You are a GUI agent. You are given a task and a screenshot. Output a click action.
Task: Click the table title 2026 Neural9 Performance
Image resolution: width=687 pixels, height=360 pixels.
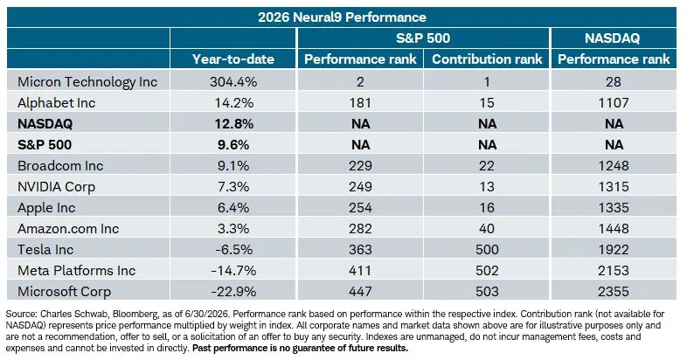342,17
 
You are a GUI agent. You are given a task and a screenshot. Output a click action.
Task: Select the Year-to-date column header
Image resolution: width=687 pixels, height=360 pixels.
233,59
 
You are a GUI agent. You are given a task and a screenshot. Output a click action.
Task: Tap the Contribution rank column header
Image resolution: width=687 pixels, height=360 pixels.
487,59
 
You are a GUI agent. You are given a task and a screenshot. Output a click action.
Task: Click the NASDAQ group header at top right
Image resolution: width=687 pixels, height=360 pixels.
613,38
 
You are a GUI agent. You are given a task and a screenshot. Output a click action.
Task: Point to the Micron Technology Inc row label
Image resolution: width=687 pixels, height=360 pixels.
87,82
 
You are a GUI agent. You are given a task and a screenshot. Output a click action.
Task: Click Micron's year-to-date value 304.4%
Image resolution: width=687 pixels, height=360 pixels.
233,81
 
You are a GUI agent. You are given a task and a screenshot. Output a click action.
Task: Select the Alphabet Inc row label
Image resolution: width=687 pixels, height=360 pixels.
56,103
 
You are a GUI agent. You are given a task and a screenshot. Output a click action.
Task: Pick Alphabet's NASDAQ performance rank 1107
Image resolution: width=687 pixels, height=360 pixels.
614,102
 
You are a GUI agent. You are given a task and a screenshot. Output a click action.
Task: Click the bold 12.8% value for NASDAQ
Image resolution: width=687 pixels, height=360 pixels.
233,123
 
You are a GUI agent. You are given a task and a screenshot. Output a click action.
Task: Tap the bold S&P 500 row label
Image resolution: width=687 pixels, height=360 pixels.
45,144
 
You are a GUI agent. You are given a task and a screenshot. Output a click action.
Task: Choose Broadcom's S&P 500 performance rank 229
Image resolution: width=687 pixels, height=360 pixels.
360,165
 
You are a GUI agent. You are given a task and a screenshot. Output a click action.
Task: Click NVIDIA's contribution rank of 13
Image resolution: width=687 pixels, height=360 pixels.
487,187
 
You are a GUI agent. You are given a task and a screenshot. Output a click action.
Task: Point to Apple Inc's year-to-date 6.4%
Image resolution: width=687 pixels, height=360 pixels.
233,208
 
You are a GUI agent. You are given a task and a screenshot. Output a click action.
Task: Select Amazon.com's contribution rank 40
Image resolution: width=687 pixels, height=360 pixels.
487,229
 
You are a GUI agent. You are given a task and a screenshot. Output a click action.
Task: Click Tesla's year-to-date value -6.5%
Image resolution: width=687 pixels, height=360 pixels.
233,250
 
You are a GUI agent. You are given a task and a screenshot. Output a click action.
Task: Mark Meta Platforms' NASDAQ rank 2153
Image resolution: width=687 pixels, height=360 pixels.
614,271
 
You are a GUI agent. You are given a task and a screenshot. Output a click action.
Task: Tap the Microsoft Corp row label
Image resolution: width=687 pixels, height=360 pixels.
64,292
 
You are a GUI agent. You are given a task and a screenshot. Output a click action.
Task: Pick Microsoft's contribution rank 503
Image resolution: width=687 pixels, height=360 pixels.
487,292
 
